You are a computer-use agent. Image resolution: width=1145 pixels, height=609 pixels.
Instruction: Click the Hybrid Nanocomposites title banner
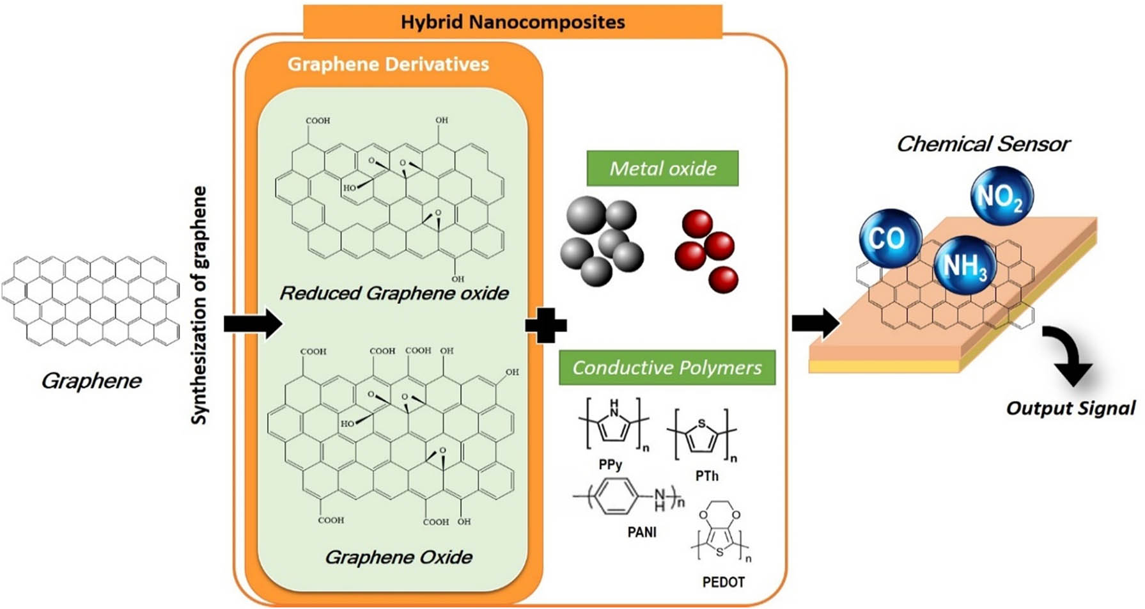tap(512, 22)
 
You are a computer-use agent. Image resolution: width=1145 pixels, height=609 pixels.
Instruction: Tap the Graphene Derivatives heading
tap(388, 64)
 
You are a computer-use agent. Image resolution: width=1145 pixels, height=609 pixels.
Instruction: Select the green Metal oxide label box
tap(662, 168)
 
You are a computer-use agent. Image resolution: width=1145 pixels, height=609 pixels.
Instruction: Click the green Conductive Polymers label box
tap(667, 368)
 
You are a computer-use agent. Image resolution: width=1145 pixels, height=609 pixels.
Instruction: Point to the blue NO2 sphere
tap(1001, 196)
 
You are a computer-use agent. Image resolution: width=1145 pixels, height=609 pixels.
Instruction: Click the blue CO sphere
tap(889, 238)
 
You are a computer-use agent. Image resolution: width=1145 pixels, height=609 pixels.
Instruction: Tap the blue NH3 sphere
tap(964, 265)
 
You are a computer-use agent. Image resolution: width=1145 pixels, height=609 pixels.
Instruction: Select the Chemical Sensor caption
tap(983, 144)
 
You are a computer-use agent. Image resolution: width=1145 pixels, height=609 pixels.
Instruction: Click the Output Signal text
tap(1070, 408)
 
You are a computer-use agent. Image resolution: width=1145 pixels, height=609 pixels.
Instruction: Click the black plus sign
tap(545, 326)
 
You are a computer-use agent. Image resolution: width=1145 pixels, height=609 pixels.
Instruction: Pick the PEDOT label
tap(723, 582)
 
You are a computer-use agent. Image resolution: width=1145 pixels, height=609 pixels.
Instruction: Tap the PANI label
tap(642, 532)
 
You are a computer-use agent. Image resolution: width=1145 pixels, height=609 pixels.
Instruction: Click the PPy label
tap(611, 464)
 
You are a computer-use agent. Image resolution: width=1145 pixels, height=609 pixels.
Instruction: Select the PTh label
tap(706, 476)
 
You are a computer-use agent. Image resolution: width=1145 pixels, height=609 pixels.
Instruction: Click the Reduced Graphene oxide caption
tap(394, 294)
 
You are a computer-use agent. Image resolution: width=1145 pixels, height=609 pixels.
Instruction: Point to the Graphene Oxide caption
tap(398, 557)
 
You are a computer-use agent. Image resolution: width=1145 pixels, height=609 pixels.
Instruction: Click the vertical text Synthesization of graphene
tap(199, 305)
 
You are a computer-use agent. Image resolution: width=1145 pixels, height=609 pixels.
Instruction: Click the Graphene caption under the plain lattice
tap(91, 381)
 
